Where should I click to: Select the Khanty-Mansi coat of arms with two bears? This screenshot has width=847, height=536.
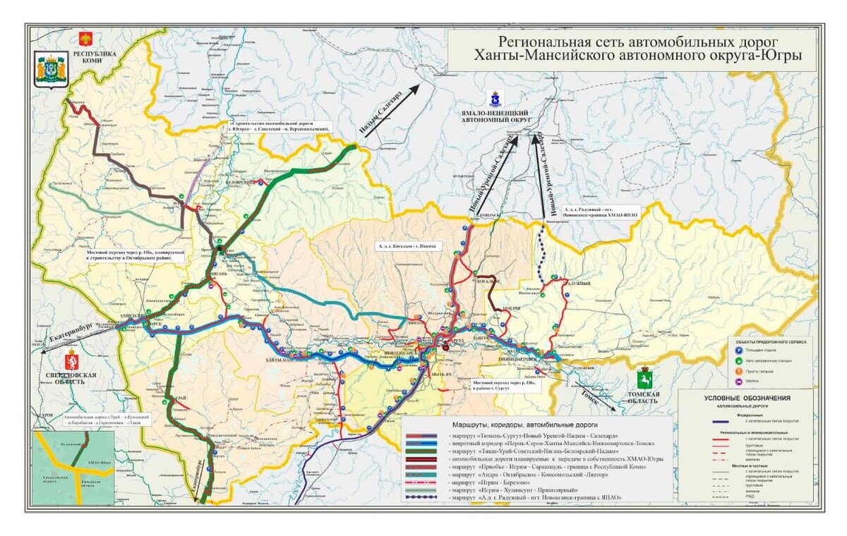[51, 69]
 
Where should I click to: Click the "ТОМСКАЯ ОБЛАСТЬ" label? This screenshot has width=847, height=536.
[642, 397]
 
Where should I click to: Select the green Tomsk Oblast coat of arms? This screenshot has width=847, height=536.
[644, 377]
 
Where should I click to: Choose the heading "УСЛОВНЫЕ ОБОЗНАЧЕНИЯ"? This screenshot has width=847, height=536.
[745, 398]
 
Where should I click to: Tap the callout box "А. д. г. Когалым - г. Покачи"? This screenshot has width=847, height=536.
[406, 246]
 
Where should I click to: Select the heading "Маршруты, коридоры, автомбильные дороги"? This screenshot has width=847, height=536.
[525, 426]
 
